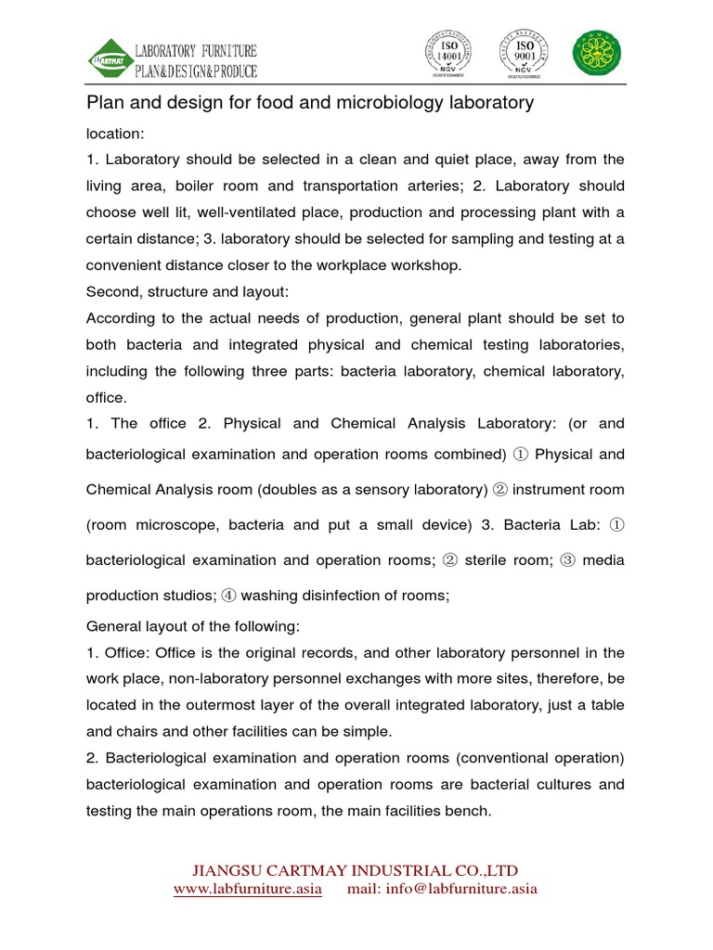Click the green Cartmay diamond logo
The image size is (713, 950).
(110, 58)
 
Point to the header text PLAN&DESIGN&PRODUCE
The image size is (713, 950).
(196, 71)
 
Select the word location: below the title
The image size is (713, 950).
(115, 134)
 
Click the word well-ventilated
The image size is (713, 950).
(280, 212)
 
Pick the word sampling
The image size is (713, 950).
(457, 238)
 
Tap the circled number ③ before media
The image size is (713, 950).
(569, 559)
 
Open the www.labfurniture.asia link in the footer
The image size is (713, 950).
(248, 889)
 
